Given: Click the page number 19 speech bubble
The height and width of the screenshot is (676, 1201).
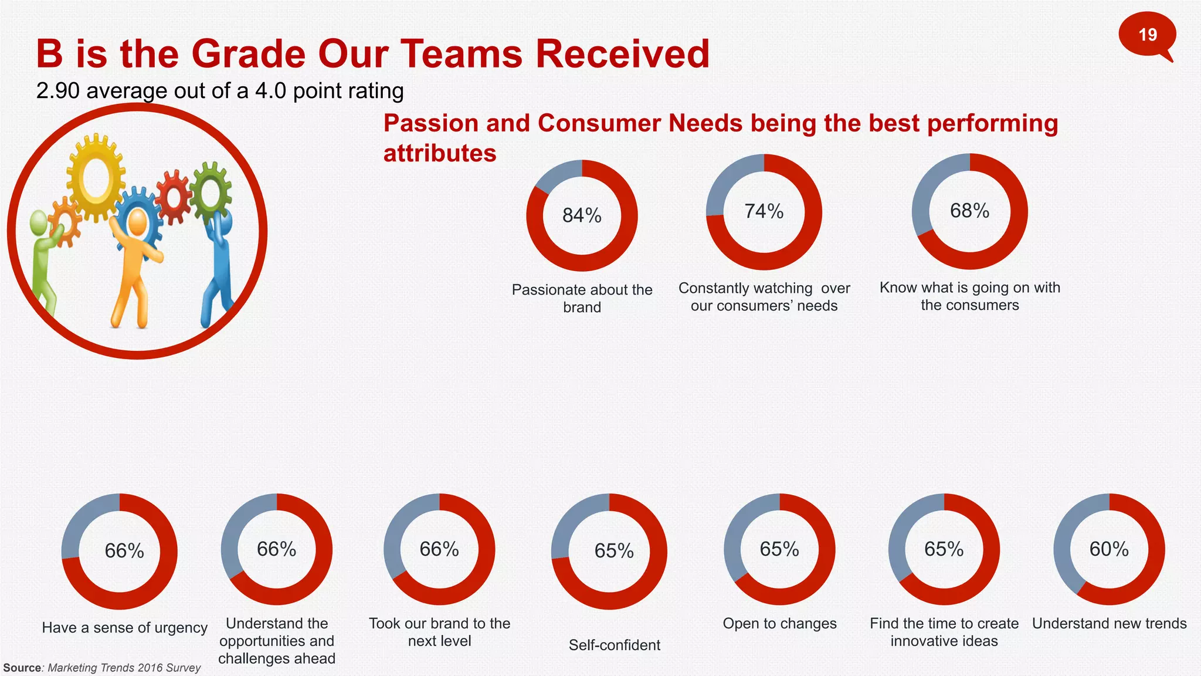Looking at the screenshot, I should coord(1147,35).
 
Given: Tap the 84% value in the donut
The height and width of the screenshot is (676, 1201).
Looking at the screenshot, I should coord(582,216).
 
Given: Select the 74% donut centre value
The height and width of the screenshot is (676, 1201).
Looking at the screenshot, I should coord(764,211).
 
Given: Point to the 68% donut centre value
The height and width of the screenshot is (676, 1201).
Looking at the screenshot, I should coord(969,211).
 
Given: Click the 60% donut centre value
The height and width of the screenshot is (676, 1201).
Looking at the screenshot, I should coord(1109,549).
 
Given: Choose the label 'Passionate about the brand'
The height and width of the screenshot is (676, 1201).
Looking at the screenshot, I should coord(582,298).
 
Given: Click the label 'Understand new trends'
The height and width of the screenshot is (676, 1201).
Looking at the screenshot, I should coord(1109,624).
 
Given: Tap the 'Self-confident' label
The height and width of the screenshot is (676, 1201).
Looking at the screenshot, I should coord(614,645).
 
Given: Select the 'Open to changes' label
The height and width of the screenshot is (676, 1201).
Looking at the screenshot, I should coord(779,624).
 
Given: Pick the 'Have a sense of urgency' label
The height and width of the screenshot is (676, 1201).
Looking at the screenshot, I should coord(124,628).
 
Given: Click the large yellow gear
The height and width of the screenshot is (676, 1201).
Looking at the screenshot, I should coord(96,176).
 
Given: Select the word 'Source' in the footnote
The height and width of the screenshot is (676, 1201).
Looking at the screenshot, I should coord(22,668).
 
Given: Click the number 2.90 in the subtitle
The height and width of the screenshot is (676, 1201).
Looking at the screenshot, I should coord(57,91).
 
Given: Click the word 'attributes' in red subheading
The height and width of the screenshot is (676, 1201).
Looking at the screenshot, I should coord(439,154).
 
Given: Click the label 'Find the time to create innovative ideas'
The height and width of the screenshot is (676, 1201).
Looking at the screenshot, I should coord(944,632).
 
